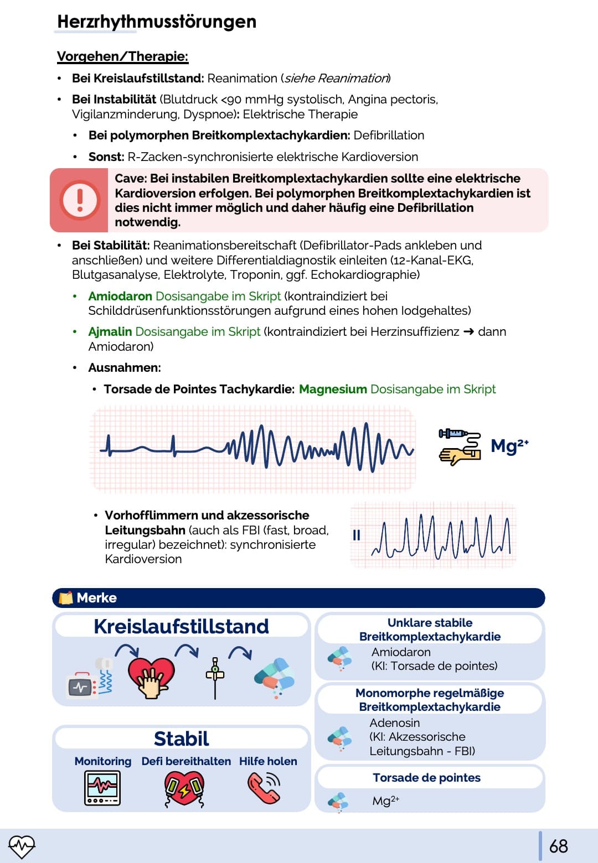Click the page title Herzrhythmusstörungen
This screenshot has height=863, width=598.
click(157, 22)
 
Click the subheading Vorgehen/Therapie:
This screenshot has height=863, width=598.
click(122, 56)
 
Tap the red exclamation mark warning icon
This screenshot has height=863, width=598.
click(80, 200)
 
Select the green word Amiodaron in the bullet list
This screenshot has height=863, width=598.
click(120, 296)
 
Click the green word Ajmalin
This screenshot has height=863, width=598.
click(110, 331)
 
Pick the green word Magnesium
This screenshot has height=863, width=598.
click(333, 389)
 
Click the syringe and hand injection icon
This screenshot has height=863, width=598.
click(460, 446)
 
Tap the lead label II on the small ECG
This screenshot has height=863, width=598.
click(357, 535)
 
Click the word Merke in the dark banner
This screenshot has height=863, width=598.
click(96, 597)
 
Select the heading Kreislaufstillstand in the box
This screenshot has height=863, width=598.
click(181, 626)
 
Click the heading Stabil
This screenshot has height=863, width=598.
click(181, 739)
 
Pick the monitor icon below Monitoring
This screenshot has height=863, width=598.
click(102, 788)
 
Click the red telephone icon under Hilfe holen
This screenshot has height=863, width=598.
click(264, 787)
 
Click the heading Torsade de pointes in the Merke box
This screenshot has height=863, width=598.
click(426, 777)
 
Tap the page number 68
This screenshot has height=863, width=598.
click(558, 846)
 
